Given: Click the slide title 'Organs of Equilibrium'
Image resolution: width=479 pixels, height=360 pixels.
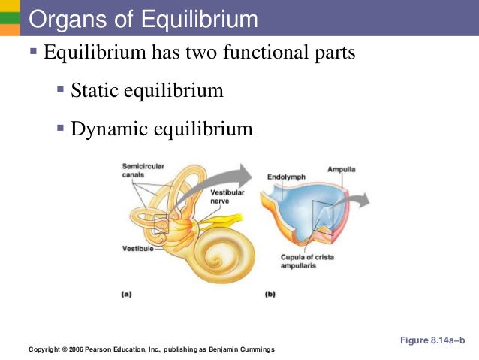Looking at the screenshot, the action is (x=143, y=20).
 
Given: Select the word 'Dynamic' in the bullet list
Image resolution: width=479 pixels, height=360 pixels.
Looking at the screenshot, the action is (x=104, y=129).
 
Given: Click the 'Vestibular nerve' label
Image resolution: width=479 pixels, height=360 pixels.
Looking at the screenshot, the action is (x=224, y=198).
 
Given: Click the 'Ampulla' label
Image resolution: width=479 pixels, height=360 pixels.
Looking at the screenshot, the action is (x=341, y=169).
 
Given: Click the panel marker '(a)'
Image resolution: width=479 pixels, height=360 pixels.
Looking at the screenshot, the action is (x=128, y=295).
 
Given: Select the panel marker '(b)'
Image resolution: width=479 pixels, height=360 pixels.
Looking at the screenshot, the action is (x=270, y=295).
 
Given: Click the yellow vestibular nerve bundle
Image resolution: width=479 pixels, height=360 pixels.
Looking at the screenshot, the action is (x=225, y=219).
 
